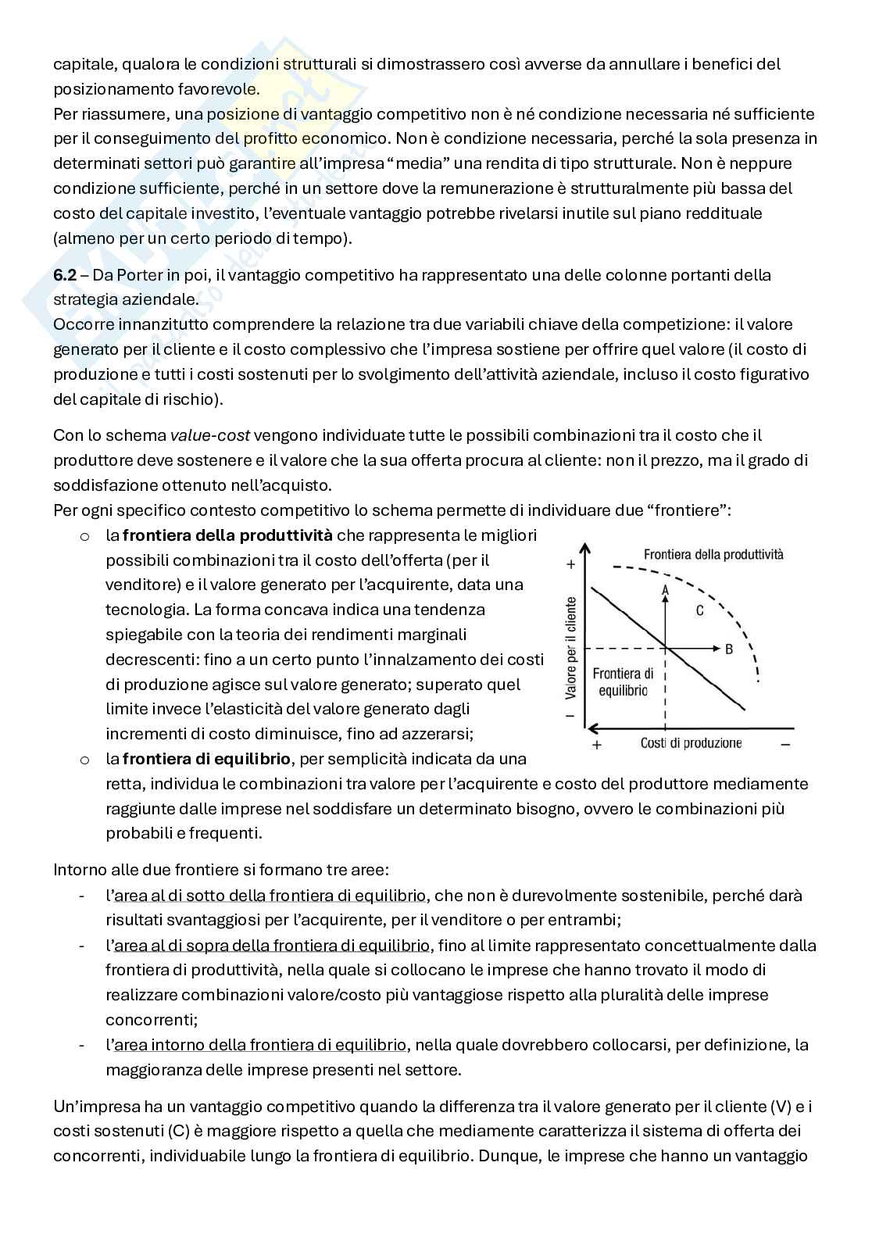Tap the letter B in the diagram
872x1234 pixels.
click(x=729, y=649)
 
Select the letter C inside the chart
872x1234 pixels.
click(x=700, y=610)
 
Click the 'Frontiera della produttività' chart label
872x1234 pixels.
click(x=713, y=554)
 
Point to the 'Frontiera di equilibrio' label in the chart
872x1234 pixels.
click(x=623, y=681)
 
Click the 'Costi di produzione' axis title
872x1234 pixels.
click(x=691, y=743)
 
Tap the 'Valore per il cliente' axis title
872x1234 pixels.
click(x=571, y=647)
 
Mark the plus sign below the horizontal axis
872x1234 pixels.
click(x=598, y=745)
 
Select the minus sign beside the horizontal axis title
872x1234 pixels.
click(x=785, y=744)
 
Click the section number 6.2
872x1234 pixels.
click(x=64, y=275)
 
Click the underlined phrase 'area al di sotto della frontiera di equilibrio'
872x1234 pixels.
click(x=270, y=896)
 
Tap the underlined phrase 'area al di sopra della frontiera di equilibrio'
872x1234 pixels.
click(x=272, y=946)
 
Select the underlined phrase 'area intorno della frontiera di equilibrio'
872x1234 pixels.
click(x=259, y=1045)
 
